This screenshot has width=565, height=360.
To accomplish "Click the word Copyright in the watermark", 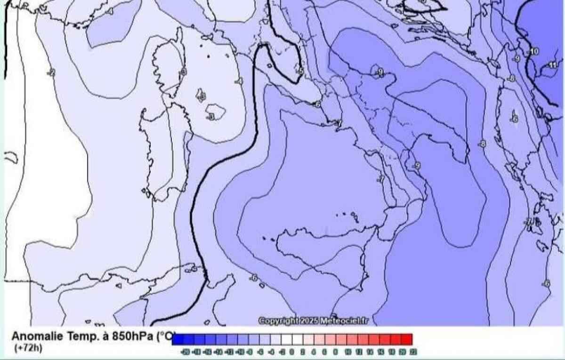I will pos(278,320).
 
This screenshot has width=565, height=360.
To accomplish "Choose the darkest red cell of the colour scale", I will pos(407,339).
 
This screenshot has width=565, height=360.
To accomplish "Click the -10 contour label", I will pos(533,51).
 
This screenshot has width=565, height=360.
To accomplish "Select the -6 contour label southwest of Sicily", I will pos(254,278).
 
